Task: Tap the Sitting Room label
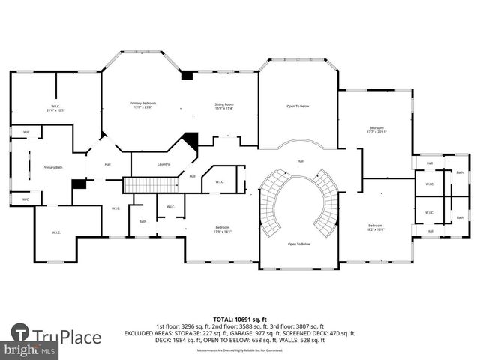[224, 105]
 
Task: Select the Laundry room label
[163, 164]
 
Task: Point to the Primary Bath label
[52, 168]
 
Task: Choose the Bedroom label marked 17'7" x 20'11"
[376, 130]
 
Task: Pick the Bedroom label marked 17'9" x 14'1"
[223, 229]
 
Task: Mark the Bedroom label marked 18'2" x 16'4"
[375, 228]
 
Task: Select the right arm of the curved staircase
[328, 201]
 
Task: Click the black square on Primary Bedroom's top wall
[187, 75]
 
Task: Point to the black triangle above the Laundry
[190, 140]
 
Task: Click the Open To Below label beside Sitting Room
[298, 106]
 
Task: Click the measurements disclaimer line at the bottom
[240, 350]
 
